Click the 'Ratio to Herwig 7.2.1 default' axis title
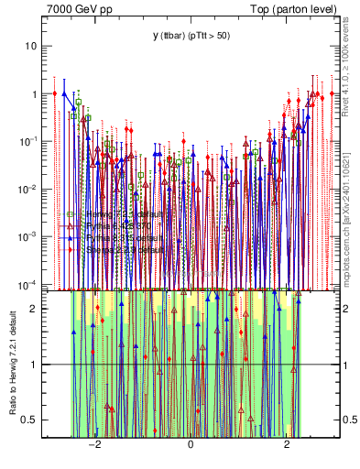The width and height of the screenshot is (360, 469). click(12, 365)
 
